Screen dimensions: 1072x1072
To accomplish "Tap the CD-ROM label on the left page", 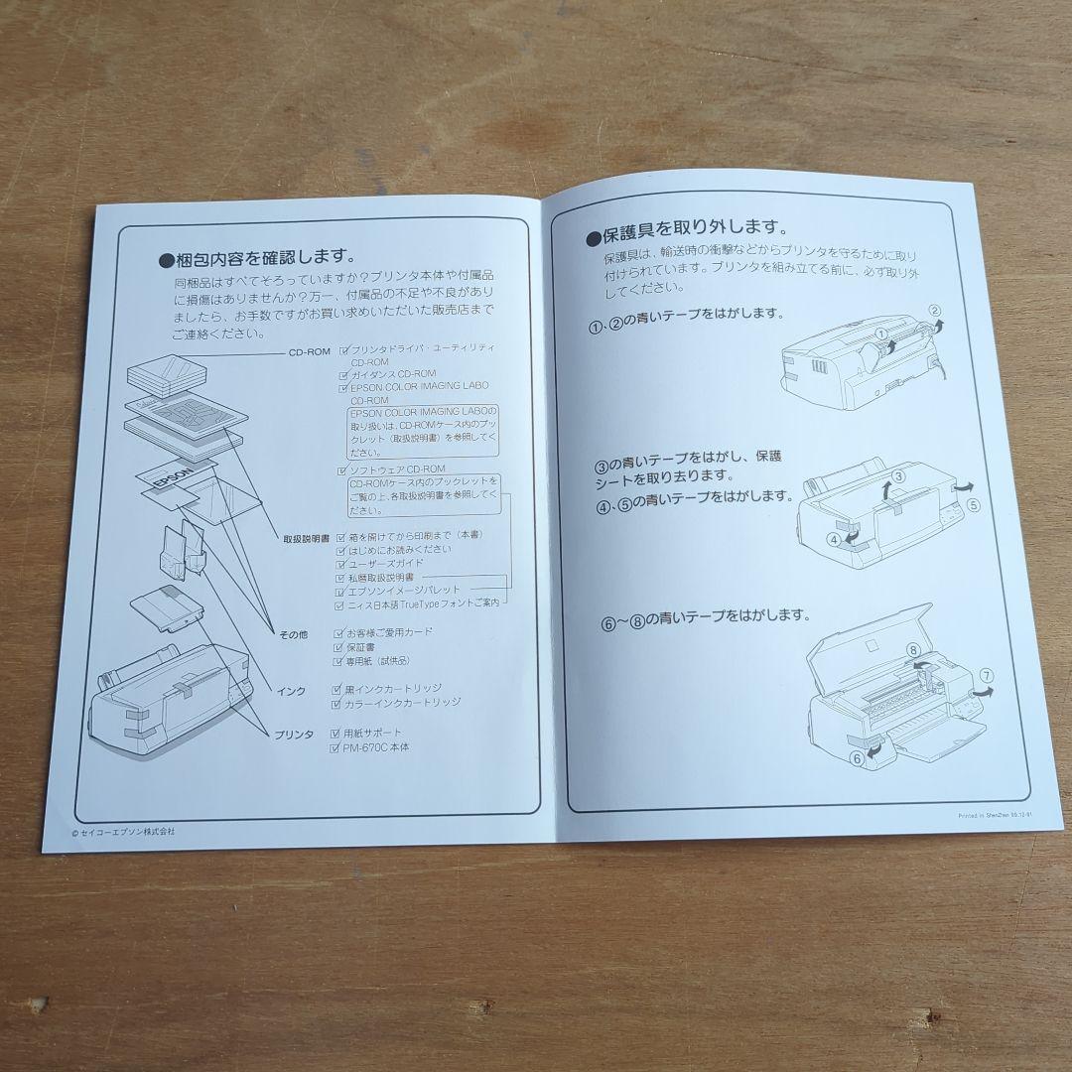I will (x=309, y=351).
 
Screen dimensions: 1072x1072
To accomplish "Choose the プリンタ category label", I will (x=295, y=734).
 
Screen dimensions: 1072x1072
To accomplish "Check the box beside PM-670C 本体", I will (x=335, y=748).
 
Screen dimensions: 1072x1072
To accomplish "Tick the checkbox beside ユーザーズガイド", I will (x=341, y=563).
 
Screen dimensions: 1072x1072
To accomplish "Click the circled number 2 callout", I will (x=934, y=311).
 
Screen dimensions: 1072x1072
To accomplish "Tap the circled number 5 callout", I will (x=974, y=504).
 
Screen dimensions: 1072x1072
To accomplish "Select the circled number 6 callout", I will (x=857, y=758).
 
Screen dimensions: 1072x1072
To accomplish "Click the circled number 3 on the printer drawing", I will (x=896, y=476).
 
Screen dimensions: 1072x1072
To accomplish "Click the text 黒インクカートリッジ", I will (x=394, y=688).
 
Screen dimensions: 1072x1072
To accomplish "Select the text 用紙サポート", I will (x=374, y=733).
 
